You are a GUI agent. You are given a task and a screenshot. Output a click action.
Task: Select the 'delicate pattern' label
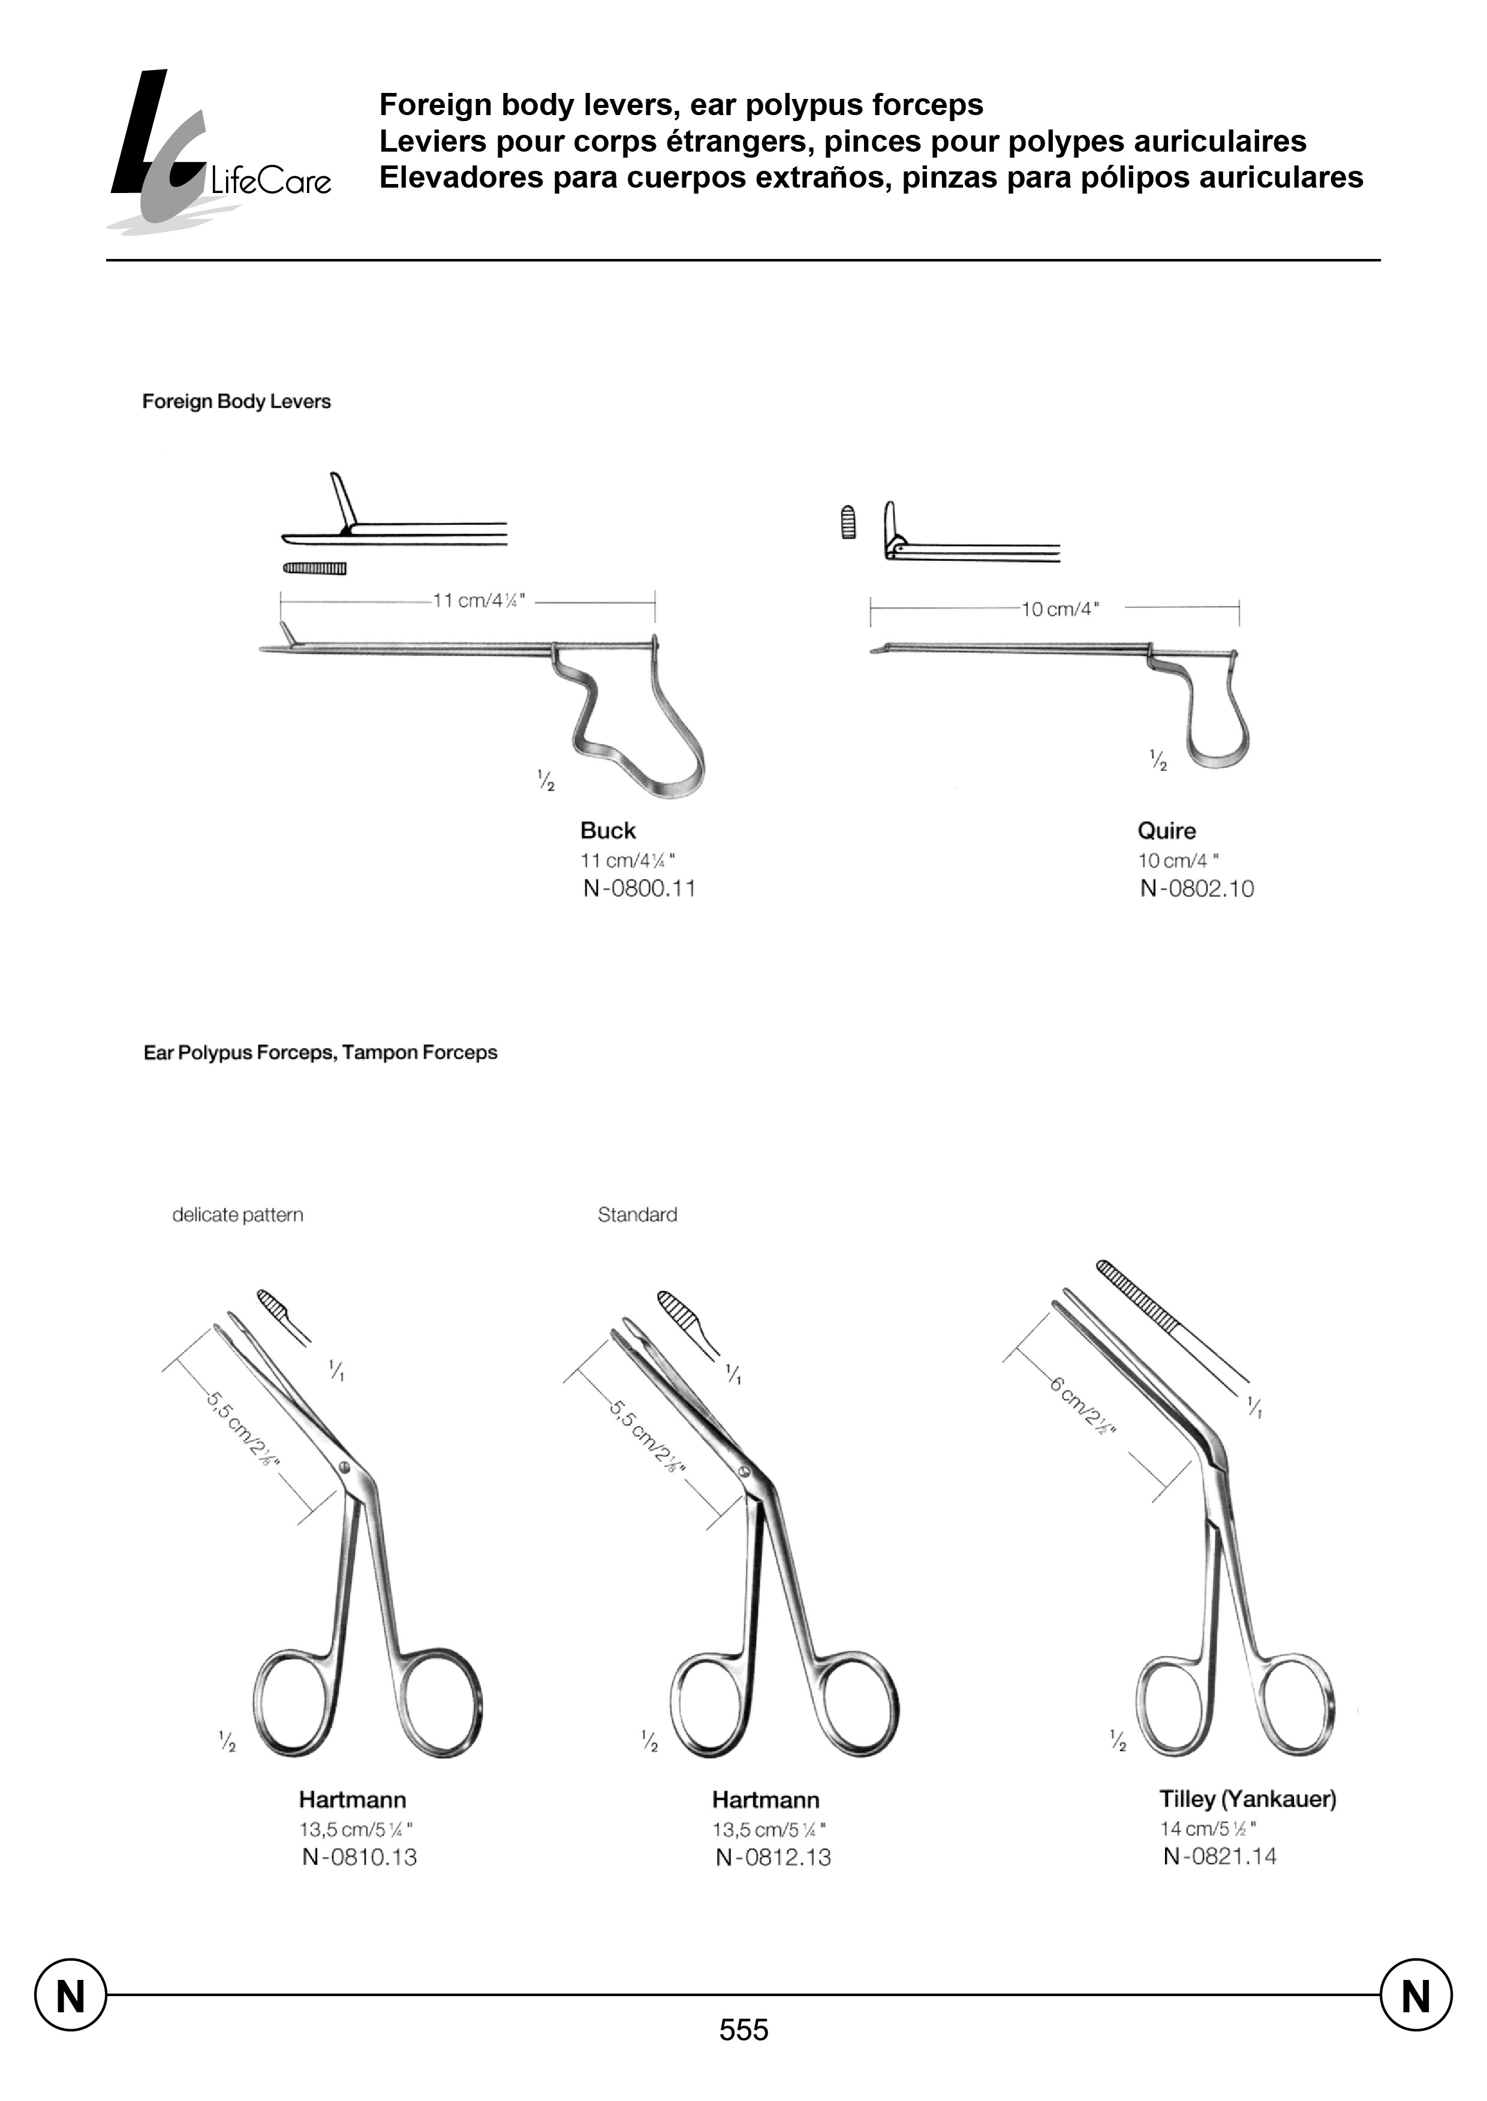click(237, 1215)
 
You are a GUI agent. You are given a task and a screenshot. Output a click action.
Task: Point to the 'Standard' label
click(637, 1215)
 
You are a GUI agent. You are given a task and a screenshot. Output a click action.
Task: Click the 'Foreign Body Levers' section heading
click(236, 401)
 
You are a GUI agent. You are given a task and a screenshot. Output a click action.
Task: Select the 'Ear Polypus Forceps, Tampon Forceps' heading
click(320, 1053)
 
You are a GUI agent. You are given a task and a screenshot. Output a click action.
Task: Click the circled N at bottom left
click(71, 1995)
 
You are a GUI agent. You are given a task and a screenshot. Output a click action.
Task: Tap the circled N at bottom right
click(1416, 1995)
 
